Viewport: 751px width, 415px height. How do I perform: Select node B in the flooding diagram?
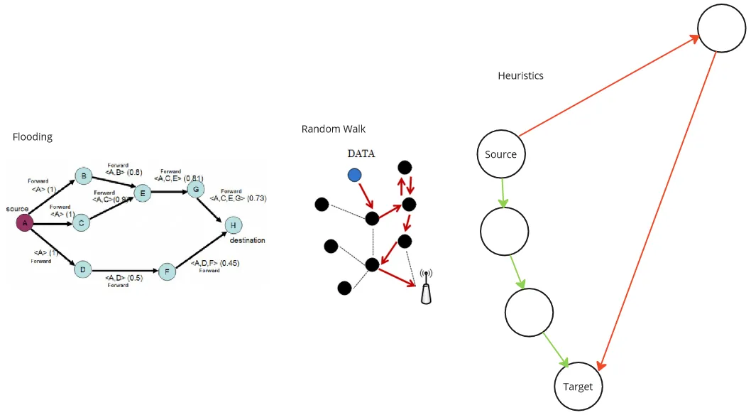click(x=84, y=176)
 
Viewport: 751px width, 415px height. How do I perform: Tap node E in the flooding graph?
click(x=143, y=193)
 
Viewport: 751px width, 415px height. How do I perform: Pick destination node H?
click(x=232, y=226)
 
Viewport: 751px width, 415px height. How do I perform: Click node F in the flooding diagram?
click(x=167, y=271)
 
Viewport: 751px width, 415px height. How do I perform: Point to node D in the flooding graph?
click(x=83, y=269)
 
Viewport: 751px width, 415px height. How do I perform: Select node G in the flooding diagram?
click(x=194, y=189)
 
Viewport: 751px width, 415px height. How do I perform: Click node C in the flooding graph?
click(x=82, y=223)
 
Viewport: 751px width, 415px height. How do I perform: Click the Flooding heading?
click(x=33, y=136)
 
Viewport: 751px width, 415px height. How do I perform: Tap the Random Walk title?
click(x=334, y=129)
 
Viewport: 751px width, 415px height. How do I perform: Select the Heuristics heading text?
click(x=520, y=75)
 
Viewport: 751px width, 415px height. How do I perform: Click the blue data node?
click(x=354, y=175)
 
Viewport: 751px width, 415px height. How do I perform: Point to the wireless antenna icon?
click(x=426, y=287)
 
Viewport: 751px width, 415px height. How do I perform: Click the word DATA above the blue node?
click(x=361, y=154)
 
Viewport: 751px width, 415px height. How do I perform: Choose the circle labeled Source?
click(x=500, y=154)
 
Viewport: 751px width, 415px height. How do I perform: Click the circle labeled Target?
click(x=578, y=387)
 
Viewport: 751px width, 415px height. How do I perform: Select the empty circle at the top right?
click(x=721, y=28)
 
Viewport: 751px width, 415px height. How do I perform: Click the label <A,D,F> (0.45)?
click(x=214, y=263)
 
